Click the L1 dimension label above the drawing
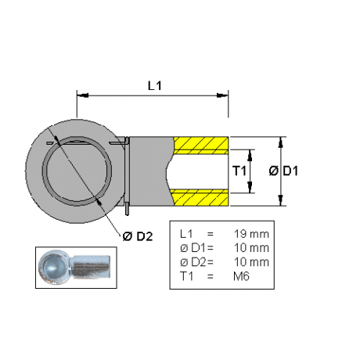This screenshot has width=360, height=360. pos(155,85)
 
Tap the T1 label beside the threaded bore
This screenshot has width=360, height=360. pos(239,171)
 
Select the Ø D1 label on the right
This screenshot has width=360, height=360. pos(283,171)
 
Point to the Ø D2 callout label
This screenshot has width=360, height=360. pos(138,236)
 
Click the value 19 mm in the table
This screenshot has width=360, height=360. pos(251,234)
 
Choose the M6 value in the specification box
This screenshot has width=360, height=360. pos(241,276)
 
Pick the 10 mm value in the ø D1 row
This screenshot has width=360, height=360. pos(251,248)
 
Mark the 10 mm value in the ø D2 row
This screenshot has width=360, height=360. pos(251,262)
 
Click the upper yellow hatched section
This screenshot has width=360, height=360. pos(201,146)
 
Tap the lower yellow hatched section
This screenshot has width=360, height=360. pos(200,197)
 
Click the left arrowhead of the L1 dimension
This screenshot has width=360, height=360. pos(83,95)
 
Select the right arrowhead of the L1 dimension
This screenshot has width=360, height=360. pos(222,95)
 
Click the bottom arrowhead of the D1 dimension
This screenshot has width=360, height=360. pos(280,200)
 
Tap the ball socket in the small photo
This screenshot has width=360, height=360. pos(54,267)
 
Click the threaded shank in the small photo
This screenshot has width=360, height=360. pos(91,267)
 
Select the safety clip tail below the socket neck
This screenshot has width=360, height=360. pos(127,209)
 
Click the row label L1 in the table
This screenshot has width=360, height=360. pos(186,234)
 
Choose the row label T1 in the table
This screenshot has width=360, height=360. pos(186,276)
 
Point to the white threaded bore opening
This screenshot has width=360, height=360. pos(197,171)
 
